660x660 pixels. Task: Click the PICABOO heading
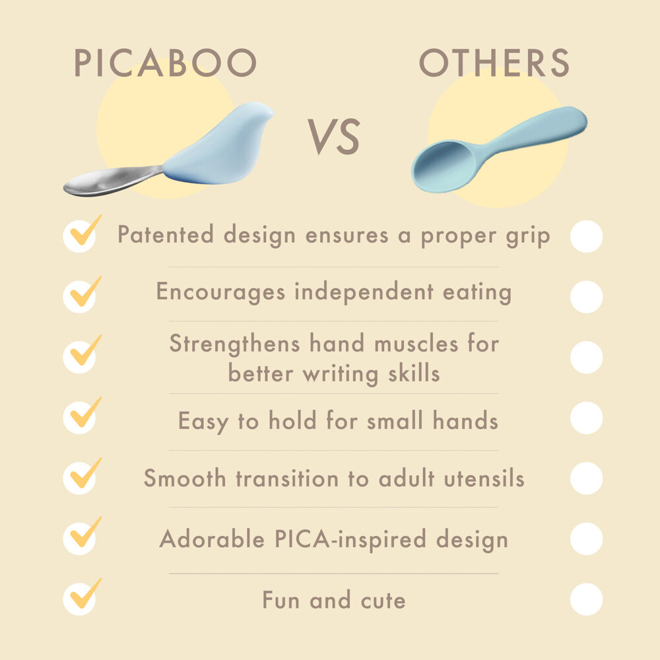click(165, 63)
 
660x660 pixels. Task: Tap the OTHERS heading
click(494, 63)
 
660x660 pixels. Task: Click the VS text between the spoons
click(334, 137)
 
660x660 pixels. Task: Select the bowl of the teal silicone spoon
click(445, 167)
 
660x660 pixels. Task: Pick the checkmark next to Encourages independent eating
click(85, 292)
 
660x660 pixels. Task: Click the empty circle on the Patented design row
click(586, 236)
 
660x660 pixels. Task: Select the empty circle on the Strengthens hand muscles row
click(586, 357)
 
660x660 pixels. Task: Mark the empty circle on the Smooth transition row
click(586, 478)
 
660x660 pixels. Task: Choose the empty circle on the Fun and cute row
click(586, 599)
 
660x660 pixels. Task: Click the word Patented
click(166, 234)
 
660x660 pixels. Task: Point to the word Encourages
click(220, 292)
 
